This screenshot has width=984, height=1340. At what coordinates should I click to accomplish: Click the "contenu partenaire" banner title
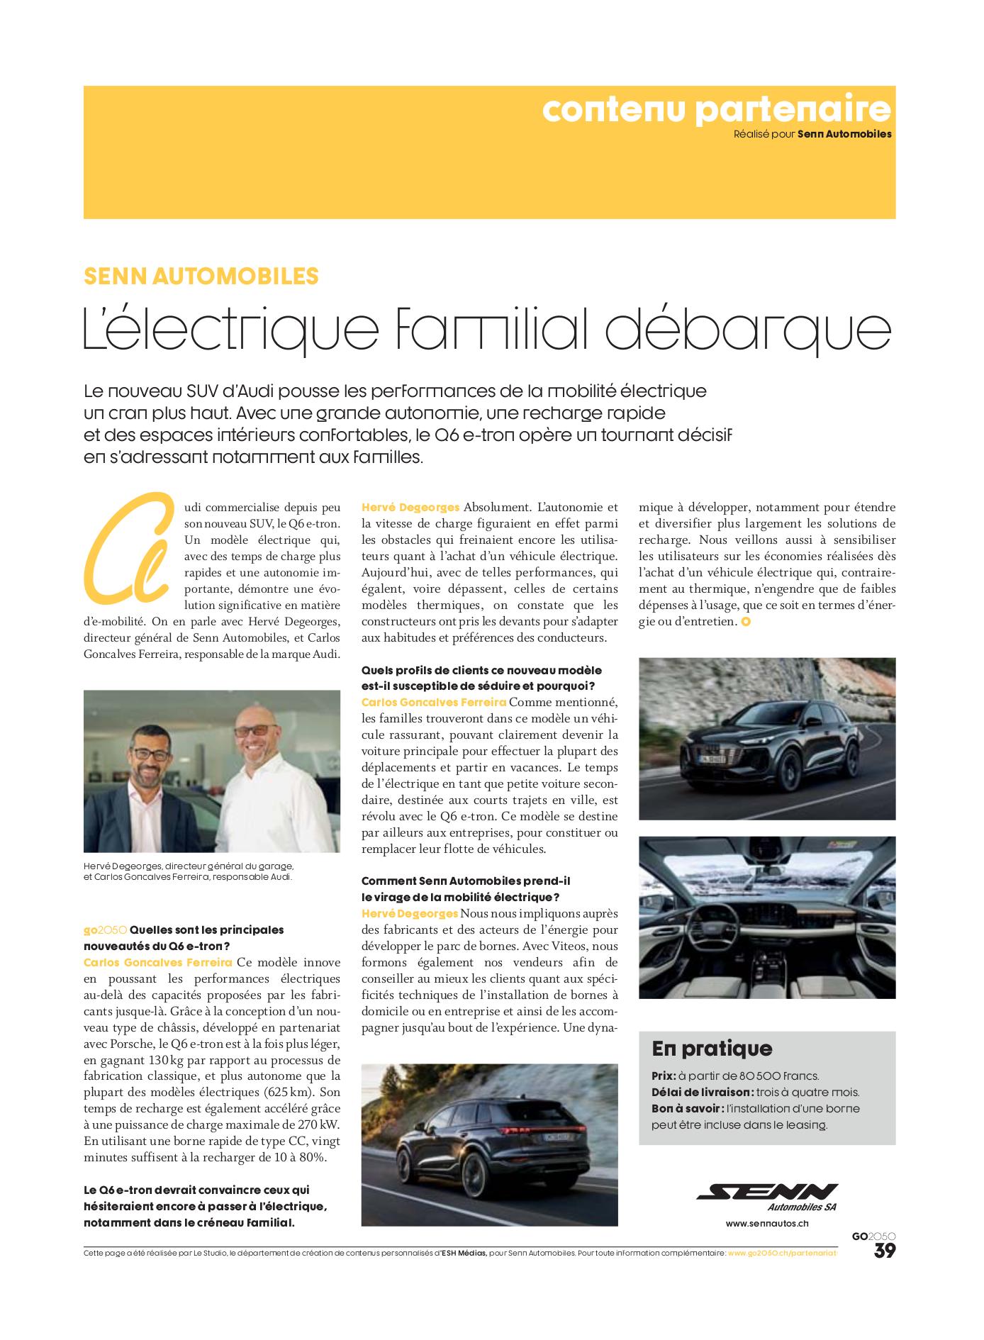[716, 110]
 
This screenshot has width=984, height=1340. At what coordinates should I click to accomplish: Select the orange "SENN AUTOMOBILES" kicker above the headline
[201, 275]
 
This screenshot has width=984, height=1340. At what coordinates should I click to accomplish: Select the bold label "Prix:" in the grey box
[664, 1076]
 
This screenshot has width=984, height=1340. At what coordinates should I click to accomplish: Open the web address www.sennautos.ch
[767, 1223]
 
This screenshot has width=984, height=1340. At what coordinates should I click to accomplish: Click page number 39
[884, 1251]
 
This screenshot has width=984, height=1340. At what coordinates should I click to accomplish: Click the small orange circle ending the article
[744, 622]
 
